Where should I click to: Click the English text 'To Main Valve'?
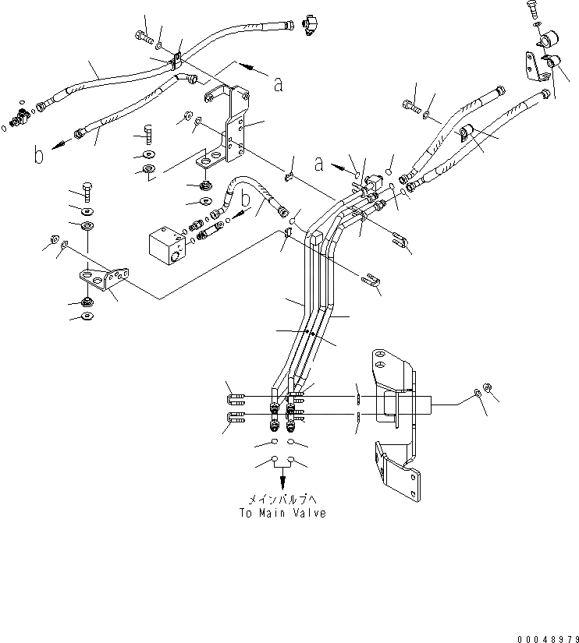pos(282,513)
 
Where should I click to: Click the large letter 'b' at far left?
pos(38,155)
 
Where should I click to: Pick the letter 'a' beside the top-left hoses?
pos(277,84)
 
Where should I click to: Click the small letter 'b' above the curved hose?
pos(245,199)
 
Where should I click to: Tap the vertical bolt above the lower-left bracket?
pos(87,192)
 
